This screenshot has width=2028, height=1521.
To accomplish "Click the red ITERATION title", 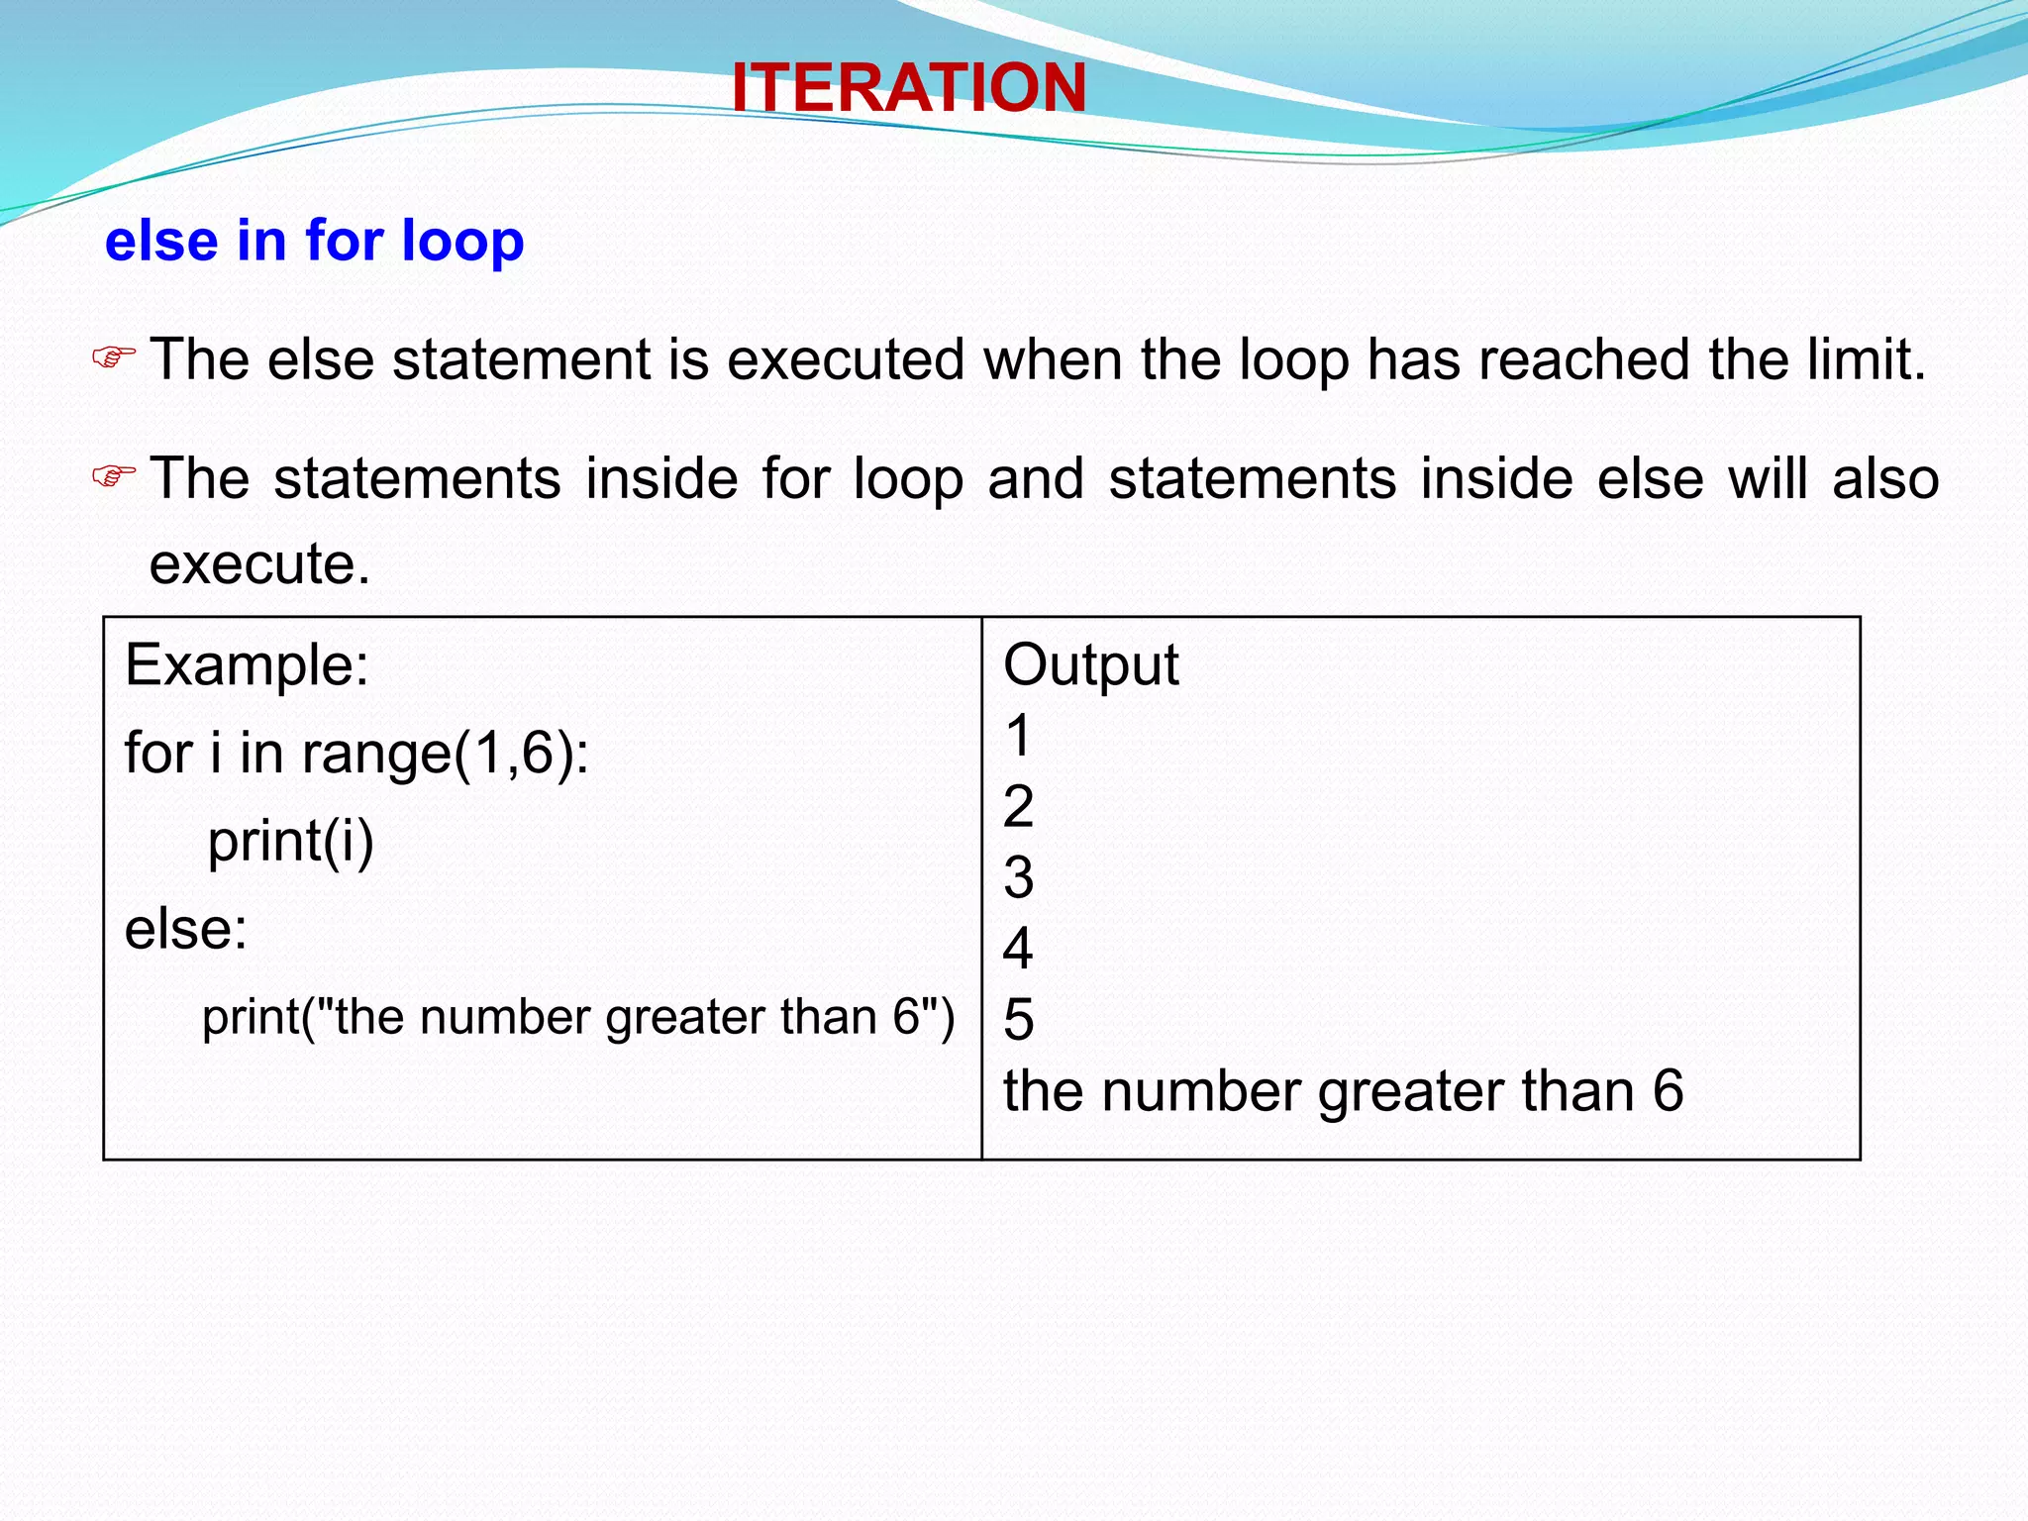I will click(908, 87).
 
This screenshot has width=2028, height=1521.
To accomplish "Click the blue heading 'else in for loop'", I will click(314, 241).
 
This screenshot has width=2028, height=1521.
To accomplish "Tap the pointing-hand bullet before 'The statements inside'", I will click(113, 477).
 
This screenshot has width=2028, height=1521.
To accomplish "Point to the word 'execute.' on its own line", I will click(259, 563).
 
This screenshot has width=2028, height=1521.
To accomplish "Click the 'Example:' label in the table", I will click(247, 664).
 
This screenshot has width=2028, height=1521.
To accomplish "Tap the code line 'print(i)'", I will click(290, 842).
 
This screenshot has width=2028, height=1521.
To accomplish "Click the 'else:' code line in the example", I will click(186, 929).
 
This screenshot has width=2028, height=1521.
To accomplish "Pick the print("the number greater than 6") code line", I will click(578, 1017).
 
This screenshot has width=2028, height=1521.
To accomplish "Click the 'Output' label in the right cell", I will click(1090, 664).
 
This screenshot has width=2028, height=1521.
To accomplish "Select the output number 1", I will click(1018, 736).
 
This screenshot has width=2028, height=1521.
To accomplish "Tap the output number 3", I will click(1018, 877).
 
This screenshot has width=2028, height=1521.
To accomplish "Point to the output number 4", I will click(1018, 949).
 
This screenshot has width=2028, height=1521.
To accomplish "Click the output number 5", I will click(1018, 1020).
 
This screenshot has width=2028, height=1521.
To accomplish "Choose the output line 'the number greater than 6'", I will click(1343, 1091).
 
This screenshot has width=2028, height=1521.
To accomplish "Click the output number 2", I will click(1018, 806).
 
